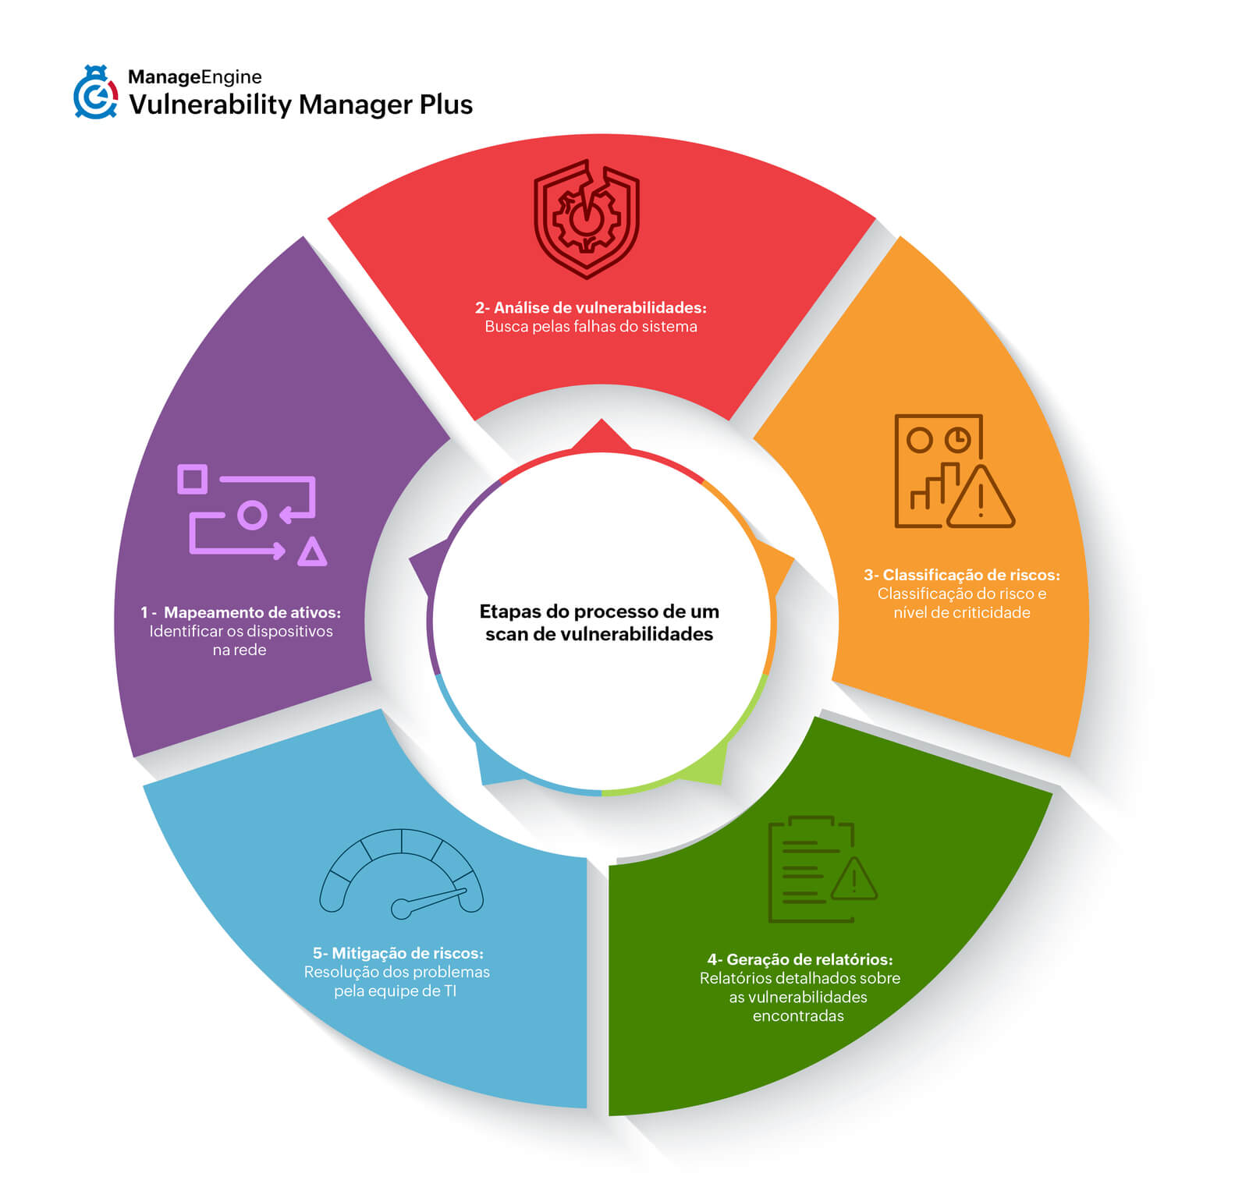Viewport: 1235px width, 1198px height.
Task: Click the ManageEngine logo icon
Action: tap(95, 93)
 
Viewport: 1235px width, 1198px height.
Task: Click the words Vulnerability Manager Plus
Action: tap(300, 105)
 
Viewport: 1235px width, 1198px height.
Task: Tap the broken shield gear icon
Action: tap(587, 219)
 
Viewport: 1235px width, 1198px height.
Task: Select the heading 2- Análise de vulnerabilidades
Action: tap(591, 307)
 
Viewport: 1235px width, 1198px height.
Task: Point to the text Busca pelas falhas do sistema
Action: tap(591, 327)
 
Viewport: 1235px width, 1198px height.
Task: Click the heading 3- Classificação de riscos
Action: tap(961, 575)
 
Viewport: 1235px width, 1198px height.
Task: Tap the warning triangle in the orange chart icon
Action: tap(981, 500)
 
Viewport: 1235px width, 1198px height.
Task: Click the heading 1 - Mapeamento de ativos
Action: tap(240, 612)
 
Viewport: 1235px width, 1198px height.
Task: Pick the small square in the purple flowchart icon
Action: tap(192, 479)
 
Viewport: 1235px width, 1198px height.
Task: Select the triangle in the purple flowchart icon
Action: tap(312, 552)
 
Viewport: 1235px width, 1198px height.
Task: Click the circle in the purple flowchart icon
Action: tap(251, 516)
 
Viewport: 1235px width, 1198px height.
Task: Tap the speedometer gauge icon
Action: tap(401, 874)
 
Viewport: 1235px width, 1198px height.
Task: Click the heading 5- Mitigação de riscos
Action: tap(398, 953)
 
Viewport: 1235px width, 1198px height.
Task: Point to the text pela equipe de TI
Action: tap(395, 991)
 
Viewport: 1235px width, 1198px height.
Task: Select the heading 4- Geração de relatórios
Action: tap(800, 959)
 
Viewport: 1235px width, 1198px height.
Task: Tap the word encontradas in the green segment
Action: tap(798, 1016)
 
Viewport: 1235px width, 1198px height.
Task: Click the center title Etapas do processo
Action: tap(599, 622)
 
